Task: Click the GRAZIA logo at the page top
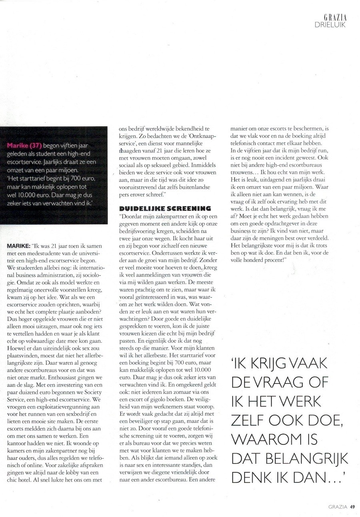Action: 335,17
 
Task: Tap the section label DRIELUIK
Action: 330,24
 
